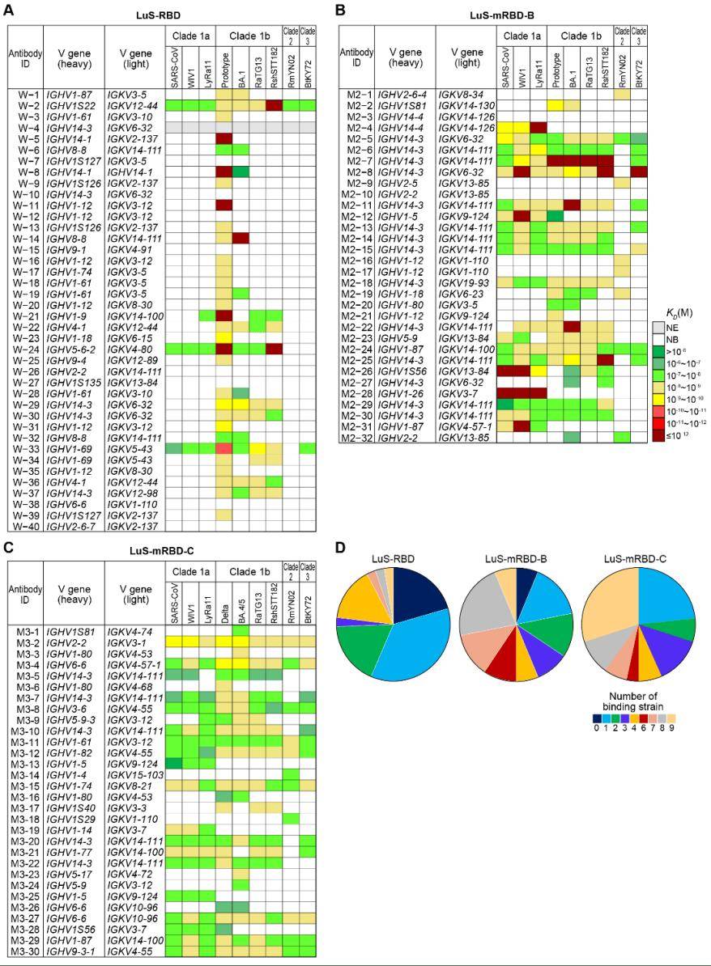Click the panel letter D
pos(340,548)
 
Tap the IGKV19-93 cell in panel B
pos(464,282)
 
